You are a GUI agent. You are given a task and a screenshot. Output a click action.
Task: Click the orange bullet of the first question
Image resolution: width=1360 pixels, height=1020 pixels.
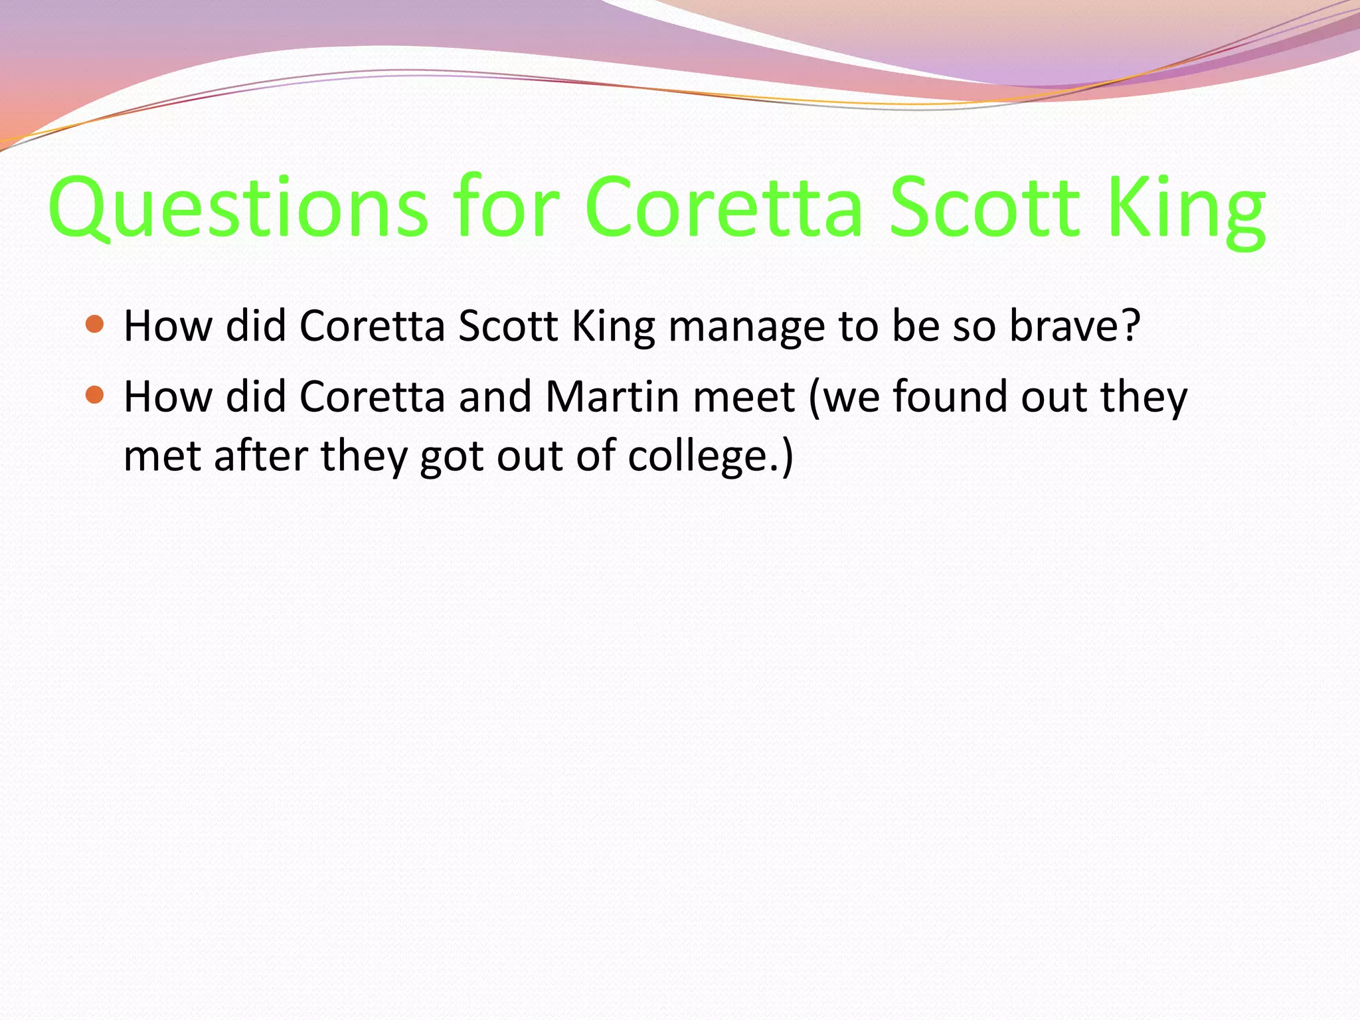(x=96, y=324)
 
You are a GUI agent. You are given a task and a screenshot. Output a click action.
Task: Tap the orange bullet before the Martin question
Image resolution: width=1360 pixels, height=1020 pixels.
(x=96, y=395)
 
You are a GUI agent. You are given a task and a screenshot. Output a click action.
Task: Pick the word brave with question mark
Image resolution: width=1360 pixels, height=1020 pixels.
(x=1074, y=326)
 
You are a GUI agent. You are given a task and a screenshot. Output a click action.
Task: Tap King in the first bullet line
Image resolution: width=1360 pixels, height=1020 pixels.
(x=614, y=327)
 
